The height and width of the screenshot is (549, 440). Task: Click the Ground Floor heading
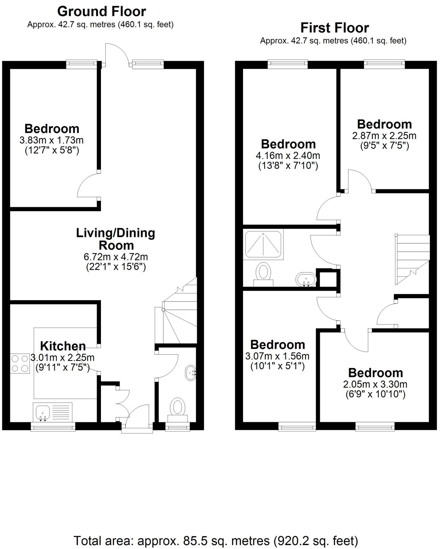(x=102, y=12)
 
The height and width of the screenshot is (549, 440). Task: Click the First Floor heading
(x=335, y=28)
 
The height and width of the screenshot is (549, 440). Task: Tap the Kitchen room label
(x=63, y=346)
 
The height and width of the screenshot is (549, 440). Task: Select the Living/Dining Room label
(x=115, y=239)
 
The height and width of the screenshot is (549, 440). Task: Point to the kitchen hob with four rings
(x=20, y=363)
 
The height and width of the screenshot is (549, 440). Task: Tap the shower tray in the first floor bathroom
(x=263, y=244)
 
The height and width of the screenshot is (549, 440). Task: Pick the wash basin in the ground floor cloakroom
(x=190, y=373)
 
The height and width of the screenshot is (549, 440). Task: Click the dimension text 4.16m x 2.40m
(x=288, y=156)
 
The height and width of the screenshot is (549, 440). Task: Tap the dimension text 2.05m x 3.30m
(x=375, y=384)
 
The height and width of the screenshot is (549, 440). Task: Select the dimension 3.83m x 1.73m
(x=52, y=140)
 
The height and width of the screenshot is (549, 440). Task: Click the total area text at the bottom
(x=216, y=541)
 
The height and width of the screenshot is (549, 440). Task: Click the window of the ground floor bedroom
(x=82, y=64)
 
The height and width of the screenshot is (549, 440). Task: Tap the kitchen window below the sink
(x=53, y=427)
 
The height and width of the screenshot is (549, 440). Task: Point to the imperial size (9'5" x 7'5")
(x=384, y=146)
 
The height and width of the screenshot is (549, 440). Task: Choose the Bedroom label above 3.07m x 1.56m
(x=278, y=345)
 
